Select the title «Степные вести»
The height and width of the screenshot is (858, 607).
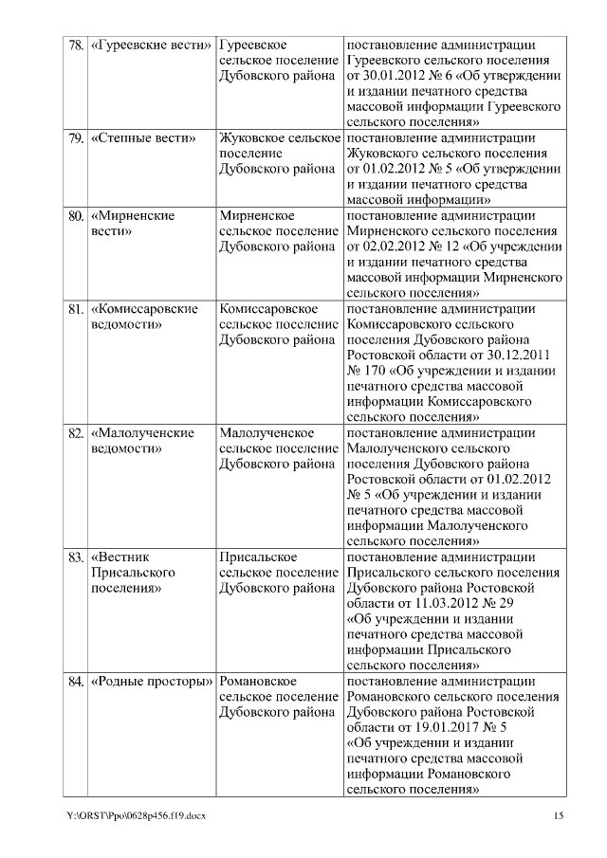(x=143, y=138)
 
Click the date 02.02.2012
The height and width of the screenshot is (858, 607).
(x=392, y=246)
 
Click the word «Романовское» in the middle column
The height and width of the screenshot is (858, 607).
(x=258, y=681)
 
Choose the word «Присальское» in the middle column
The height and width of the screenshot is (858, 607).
(x=258, y=557)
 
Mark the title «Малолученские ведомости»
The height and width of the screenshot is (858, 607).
(x=142, y=440)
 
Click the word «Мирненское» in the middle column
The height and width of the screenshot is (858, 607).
(x=256, y=215)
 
